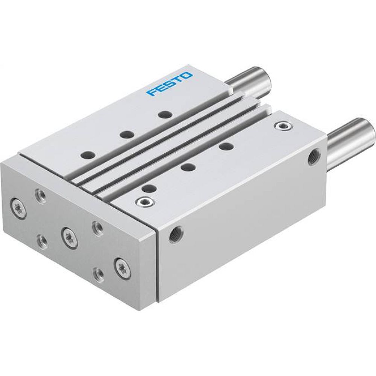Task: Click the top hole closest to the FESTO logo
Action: click(x=163, y=113)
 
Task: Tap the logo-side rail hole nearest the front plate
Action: click(x=88, y=154)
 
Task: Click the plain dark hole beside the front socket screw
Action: click(x=149, y=188)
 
